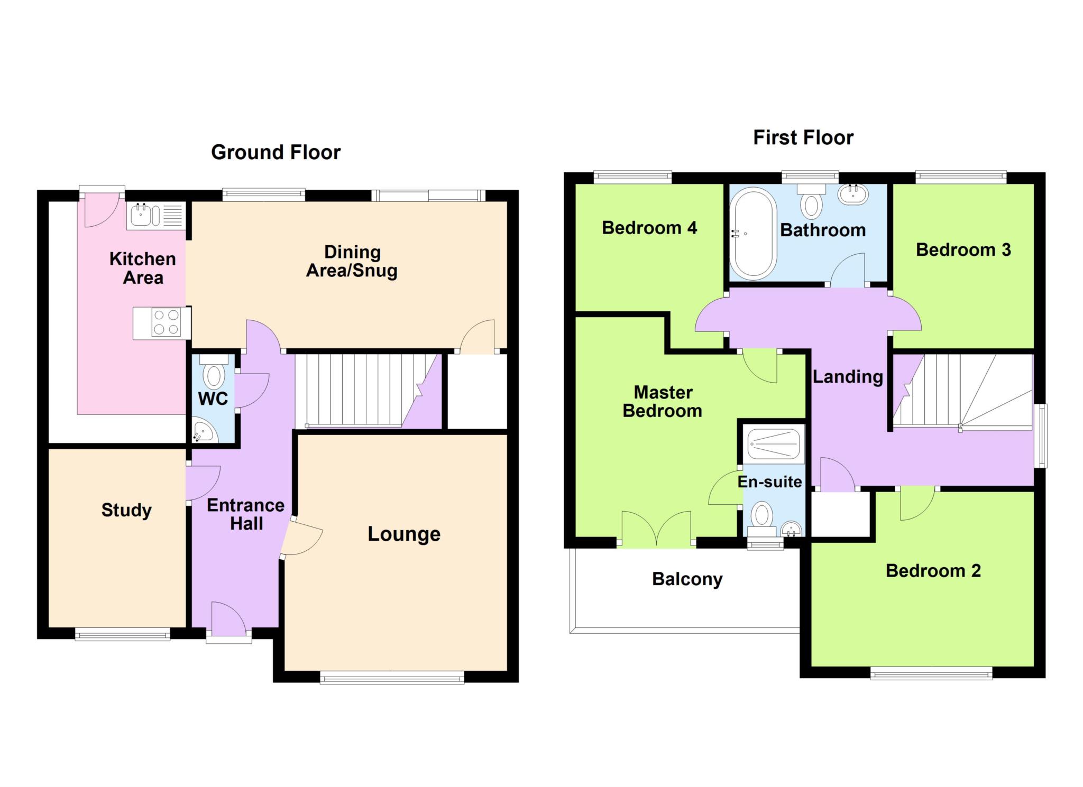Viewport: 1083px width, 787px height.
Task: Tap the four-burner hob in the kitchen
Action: pos(166,322)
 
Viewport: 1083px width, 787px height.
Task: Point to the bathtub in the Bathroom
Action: pos(752,233)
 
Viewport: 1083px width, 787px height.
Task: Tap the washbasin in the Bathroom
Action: pos(852,195)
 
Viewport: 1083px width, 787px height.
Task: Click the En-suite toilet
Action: pos(762,514)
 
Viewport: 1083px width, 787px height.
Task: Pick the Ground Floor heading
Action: pos(276,152)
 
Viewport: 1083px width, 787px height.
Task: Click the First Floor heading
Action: pos(803,138)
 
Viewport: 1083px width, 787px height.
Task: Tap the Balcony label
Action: pos(687,579)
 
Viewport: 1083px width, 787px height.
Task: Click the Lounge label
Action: pos(404,534)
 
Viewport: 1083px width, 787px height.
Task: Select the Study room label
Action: pos(126,510)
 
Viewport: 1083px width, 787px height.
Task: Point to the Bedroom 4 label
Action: pos(649,228)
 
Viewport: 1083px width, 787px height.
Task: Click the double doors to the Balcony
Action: pos(656,529)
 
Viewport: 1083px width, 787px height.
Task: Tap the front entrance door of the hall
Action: pos(228,621)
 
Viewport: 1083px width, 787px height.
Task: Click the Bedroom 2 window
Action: pos(931,672)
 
